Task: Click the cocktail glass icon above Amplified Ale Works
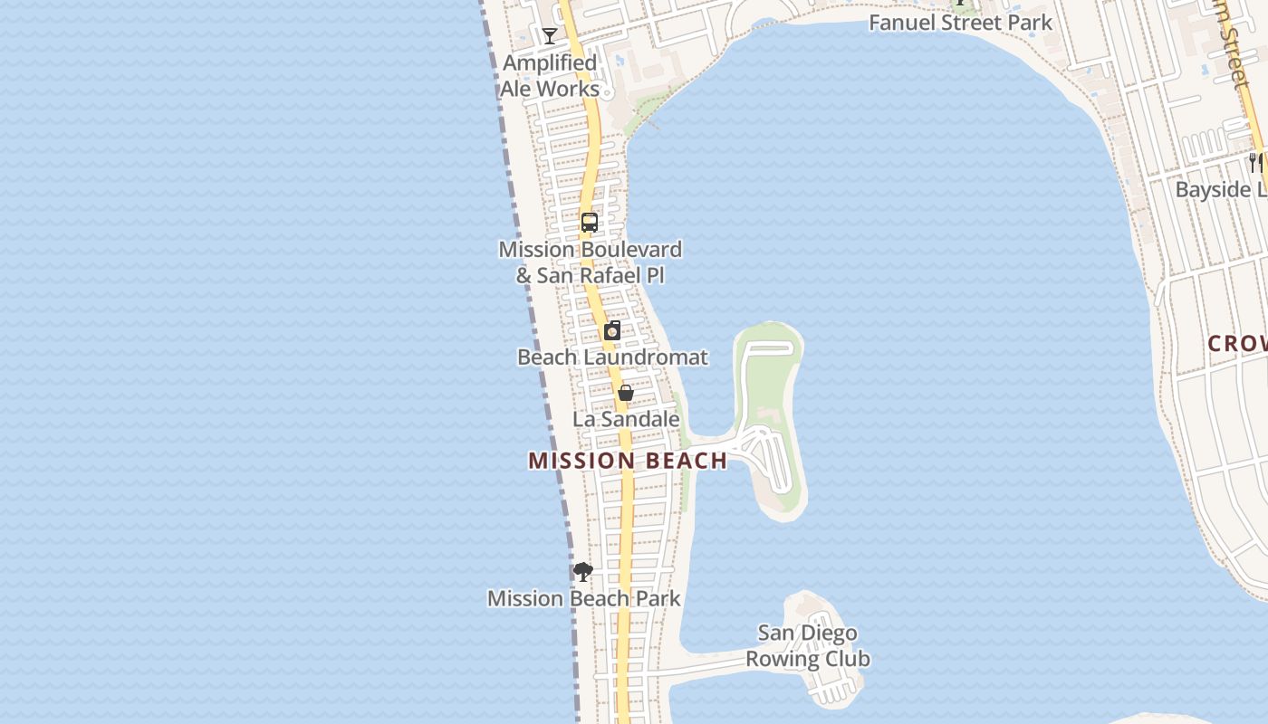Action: click(550, 36)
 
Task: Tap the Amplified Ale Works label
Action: click(550, 76)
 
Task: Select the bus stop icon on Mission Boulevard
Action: click(590, 222)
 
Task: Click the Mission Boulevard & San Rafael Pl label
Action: click(591, 262)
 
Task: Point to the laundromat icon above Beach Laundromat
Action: click(612, 330)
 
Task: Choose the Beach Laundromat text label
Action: click(612, 357)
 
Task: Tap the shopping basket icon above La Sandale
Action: click(625, 393)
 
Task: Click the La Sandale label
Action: click(626, 419)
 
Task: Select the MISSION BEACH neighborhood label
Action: click(628, 461)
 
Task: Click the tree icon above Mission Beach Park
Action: click(583, 572)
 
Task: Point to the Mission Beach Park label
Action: click(584, 598)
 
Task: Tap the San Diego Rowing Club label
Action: click(808, 645)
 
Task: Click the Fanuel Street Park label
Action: click(960, 23)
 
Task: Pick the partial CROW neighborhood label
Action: click(1237, 344)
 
